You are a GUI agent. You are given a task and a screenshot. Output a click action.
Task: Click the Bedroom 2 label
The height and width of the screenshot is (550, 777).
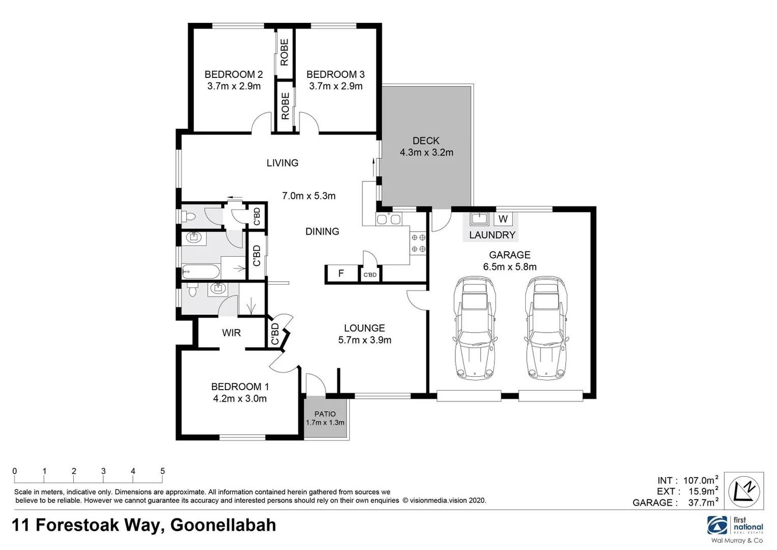pos(234,74)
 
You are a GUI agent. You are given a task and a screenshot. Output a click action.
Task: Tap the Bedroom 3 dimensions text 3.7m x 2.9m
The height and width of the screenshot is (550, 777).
pos(336,86)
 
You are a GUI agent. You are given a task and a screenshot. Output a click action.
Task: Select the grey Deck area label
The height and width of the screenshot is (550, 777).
pos(426,141)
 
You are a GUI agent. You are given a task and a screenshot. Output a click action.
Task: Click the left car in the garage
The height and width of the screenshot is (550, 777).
pos(475,328)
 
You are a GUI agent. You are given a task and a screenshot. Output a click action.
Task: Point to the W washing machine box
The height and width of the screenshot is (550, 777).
pos(503,219)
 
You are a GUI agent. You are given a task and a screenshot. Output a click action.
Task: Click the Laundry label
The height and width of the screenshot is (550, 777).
pos(492,235)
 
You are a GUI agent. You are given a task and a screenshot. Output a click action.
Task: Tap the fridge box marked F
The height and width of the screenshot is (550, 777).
pos(341,273)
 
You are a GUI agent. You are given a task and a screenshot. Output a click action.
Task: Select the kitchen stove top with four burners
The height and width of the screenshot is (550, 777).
pos(418,243)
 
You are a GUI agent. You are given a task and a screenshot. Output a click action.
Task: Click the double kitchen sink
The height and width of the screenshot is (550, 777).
pos(389,219)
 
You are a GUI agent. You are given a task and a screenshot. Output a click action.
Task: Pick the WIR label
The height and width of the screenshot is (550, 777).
pos(231,333)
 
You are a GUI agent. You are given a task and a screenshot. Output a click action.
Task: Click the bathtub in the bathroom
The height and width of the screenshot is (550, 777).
pos(201,271)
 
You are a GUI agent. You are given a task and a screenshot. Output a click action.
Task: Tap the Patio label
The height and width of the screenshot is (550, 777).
pos(325,414)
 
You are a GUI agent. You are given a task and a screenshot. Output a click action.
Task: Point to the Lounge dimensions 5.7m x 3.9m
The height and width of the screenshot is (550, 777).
pos(364,340)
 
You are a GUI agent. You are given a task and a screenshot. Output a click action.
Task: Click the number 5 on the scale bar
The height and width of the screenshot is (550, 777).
pos(162,471)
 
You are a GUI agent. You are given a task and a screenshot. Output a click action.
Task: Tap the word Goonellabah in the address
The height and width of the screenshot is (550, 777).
pos(223,525)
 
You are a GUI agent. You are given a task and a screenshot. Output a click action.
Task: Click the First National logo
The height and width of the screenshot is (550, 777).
pos(735,526)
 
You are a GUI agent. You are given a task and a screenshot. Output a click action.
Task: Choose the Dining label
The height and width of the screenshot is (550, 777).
pos(322,231)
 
